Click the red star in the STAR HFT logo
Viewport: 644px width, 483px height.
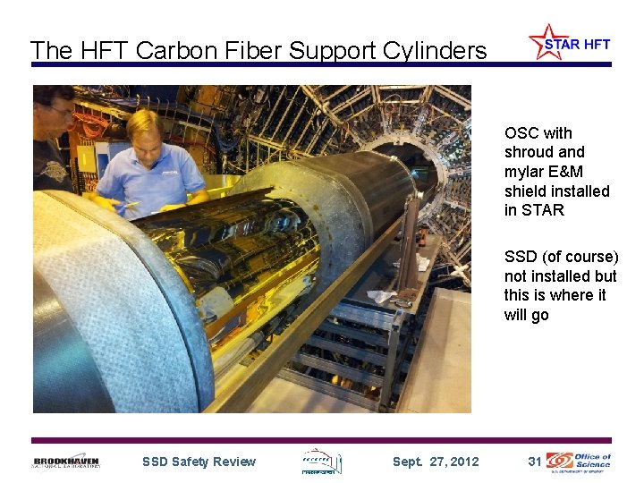(545, 41)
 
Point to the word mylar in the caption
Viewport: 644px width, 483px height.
(523, 172)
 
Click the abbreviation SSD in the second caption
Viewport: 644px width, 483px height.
(521, 257)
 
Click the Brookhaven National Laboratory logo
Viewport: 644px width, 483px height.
(67, 462)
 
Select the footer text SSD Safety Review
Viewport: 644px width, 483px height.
(199, 462)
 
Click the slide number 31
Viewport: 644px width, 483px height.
(535, 462)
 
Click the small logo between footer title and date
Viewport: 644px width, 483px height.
(321, 461)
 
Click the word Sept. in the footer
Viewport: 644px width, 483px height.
(408, 462)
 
